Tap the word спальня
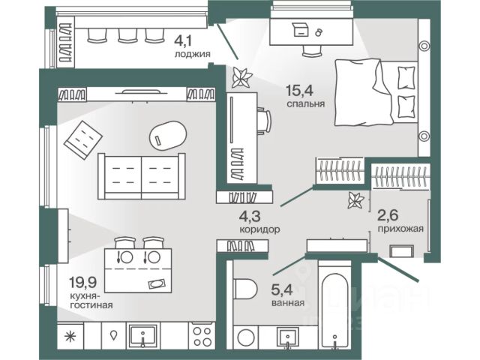[x=305, y=105]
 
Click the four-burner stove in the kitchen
[x=202, y=335]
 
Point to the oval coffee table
[x=167, y=135]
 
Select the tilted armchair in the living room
[x=82, y=137]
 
